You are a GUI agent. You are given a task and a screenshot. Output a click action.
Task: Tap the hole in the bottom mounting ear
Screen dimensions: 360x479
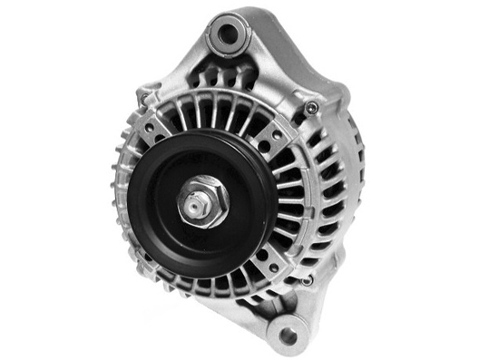coord(288,336)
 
